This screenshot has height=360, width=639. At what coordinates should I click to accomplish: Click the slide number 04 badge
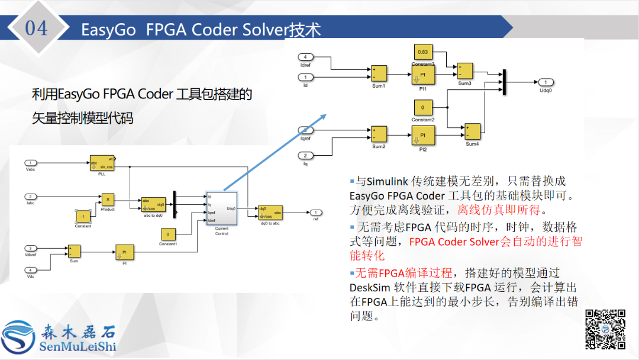[36, 28]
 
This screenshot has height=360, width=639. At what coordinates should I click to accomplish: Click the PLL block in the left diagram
[101, 163]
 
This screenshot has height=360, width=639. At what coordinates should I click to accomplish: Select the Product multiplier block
[107, 199]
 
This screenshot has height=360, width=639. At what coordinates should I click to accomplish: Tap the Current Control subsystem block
[221, 208]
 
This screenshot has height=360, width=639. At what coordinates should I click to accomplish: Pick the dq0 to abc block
[270, 212]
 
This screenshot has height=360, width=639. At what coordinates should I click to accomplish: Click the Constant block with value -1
[83, 216]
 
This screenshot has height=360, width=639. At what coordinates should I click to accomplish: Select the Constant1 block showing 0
[169, 234]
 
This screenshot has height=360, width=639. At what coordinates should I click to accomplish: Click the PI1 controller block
[423, 75]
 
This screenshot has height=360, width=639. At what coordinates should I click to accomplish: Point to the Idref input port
[305, 57]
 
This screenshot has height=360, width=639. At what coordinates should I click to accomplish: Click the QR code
[605, 329]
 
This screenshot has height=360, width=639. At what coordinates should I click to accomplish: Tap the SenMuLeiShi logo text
[78, 346]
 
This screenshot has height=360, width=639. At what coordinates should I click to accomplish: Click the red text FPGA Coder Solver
[454, 242]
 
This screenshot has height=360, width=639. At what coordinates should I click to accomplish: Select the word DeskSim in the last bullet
[368, 287]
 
